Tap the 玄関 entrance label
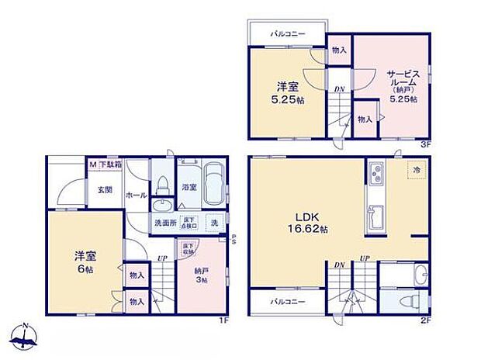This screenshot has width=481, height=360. [x=105, y=189]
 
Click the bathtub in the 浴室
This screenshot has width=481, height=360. [x=215, y=185]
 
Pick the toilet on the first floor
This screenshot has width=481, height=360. [x=163, y=185]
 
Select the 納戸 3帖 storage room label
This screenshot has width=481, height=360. [x=202, y=274]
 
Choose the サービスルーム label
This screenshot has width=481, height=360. [x=403, y=81]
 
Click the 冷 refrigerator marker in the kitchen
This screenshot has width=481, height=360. [x=416, y=169]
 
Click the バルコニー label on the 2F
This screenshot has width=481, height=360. [x=286, y=300]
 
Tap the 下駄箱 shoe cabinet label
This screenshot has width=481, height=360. [x=109, y=164]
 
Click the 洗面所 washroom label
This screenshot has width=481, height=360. [x=164, y=223]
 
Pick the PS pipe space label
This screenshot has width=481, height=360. [x=234, y=238]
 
